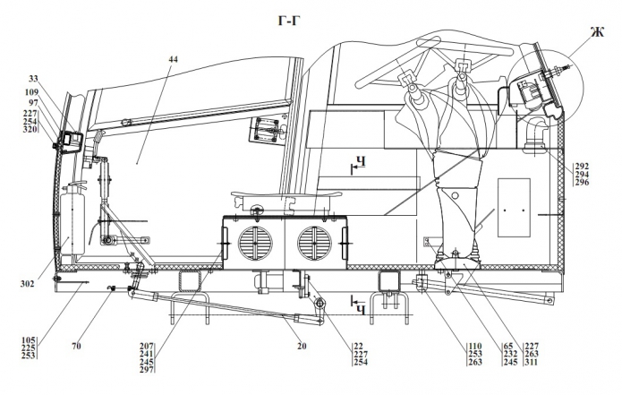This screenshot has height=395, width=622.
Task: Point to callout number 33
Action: pyautogui.click(x=34, y=79)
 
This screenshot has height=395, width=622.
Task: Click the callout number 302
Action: pyautogui.click(x=26, y=284)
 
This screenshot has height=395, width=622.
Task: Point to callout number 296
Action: pyautogui.click(x=582, y=183)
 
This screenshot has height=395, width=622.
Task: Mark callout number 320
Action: pyautogui.click(x=30, y=129)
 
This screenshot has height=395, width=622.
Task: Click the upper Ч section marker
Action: pyautogui.click(x=360, y=163)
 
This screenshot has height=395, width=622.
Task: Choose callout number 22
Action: pyautogui.click(x=336, y=346)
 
